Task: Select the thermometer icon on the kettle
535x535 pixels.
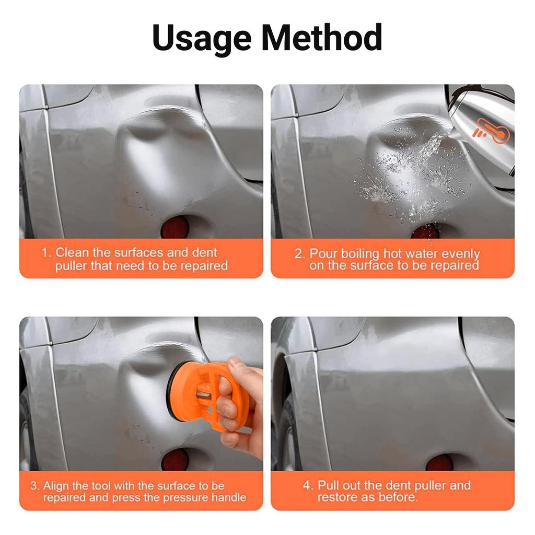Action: click(x=490, y=131)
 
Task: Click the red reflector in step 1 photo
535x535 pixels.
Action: click(x=175, y=228)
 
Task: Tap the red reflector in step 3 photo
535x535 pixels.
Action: click(x=175, y=460)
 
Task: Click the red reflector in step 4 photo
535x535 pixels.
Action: click(x=439, y=462)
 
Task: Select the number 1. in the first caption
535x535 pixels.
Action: click(x=46, y=253)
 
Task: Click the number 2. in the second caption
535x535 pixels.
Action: click(x=299, y=254)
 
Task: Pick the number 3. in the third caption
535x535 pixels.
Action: click(x=34, y=486)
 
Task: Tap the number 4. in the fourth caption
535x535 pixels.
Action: click(x=308, y=486)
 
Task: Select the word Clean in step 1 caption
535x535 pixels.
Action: click(x=72, y=253)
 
